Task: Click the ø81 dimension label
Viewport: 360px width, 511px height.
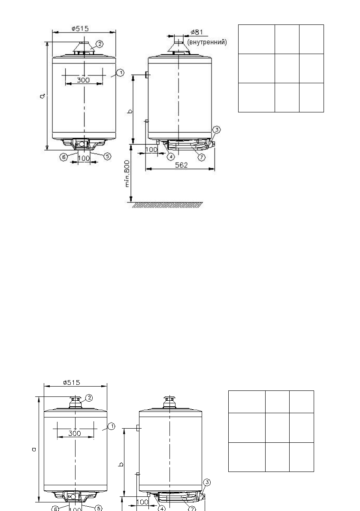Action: tap(197, 32)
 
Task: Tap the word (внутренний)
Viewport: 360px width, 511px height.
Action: tap(207, 42)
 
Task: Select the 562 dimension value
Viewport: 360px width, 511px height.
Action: tap(182, 165)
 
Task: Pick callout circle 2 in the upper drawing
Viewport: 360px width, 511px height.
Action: tap(100, 44)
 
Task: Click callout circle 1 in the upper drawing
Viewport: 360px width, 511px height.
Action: tap(120, 73)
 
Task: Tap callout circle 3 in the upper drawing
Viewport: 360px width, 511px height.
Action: tap(217, 130)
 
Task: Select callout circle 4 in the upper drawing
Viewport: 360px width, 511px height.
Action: tap(171, 157)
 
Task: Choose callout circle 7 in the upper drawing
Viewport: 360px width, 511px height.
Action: tap(202, 157)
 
